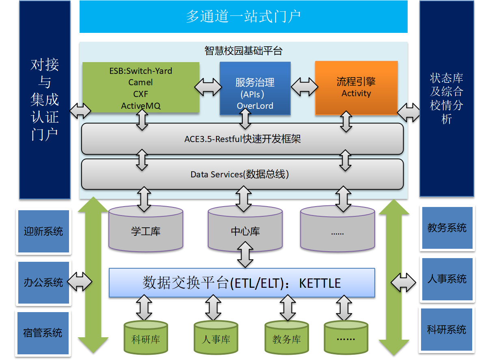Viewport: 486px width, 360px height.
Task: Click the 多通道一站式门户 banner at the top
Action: pos(243,17)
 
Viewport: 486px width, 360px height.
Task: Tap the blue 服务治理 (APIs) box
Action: pos(255,88)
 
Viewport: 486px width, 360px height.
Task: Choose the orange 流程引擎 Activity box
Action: pos(356,88)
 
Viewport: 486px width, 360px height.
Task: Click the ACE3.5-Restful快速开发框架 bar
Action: pos(242,139)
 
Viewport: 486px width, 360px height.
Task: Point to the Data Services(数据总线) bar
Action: pos(242,174)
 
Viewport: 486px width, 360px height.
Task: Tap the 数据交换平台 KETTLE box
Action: pos(242,282)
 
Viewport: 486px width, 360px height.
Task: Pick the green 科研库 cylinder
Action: pos(146,338)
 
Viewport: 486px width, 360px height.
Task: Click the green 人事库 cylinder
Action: pos(216,338)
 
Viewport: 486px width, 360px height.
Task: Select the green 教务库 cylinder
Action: pos(287,338)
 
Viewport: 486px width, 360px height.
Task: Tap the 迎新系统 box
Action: pos(43,231)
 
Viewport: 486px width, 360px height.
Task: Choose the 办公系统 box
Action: pos(43,282)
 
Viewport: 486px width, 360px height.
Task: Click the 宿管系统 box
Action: pos(43,333)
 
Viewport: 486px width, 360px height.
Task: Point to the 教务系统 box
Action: pos(447,228)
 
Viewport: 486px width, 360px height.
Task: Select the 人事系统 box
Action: pos(447,279)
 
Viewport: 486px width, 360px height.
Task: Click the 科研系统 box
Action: pos(447,329)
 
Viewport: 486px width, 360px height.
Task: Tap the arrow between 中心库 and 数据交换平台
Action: pos(245,254)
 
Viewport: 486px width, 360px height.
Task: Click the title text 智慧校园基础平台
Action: pos(243,51)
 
